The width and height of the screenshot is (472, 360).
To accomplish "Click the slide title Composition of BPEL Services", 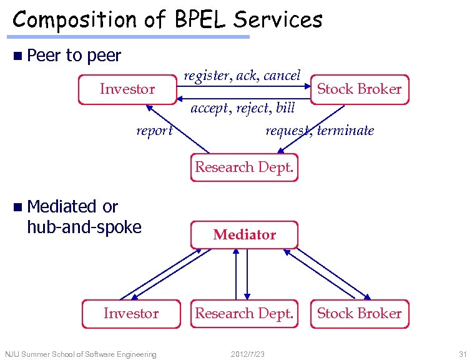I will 167,19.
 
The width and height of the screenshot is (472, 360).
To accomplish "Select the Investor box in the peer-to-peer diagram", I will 127,89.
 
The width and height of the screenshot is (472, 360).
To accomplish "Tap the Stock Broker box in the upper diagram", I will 359,89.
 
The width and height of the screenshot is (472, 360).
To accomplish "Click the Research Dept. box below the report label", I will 244,167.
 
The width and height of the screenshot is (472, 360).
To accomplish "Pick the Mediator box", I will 244,235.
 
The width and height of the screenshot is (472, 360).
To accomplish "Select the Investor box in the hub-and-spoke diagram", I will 130,314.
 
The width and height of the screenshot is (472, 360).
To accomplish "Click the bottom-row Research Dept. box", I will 244,314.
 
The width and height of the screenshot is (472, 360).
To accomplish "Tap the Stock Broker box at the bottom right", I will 359,314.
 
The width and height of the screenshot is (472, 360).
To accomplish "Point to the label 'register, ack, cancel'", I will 242,76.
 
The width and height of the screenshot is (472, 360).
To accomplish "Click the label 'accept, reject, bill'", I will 242,108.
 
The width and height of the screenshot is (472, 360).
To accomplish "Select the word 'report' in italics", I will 154,131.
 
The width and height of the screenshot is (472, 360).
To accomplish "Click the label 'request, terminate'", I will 320,131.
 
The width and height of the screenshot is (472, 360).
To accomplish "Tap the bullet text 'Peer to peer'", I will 74,56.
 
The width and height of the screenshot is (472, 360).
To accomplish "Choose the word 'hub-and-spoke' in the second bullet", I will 84,227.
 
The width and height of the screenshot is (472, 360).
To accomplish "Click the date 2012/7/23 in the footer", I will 248,354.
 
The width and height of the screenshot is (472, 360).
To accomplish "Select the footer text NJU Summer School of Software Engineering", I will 81,354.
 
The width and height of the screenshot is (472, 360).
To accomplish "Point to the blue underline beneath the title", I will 131,37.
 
